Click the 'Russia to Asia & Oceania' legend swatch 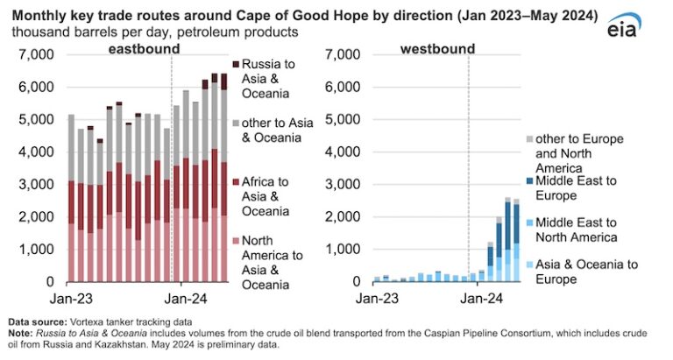pos(236,64)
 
